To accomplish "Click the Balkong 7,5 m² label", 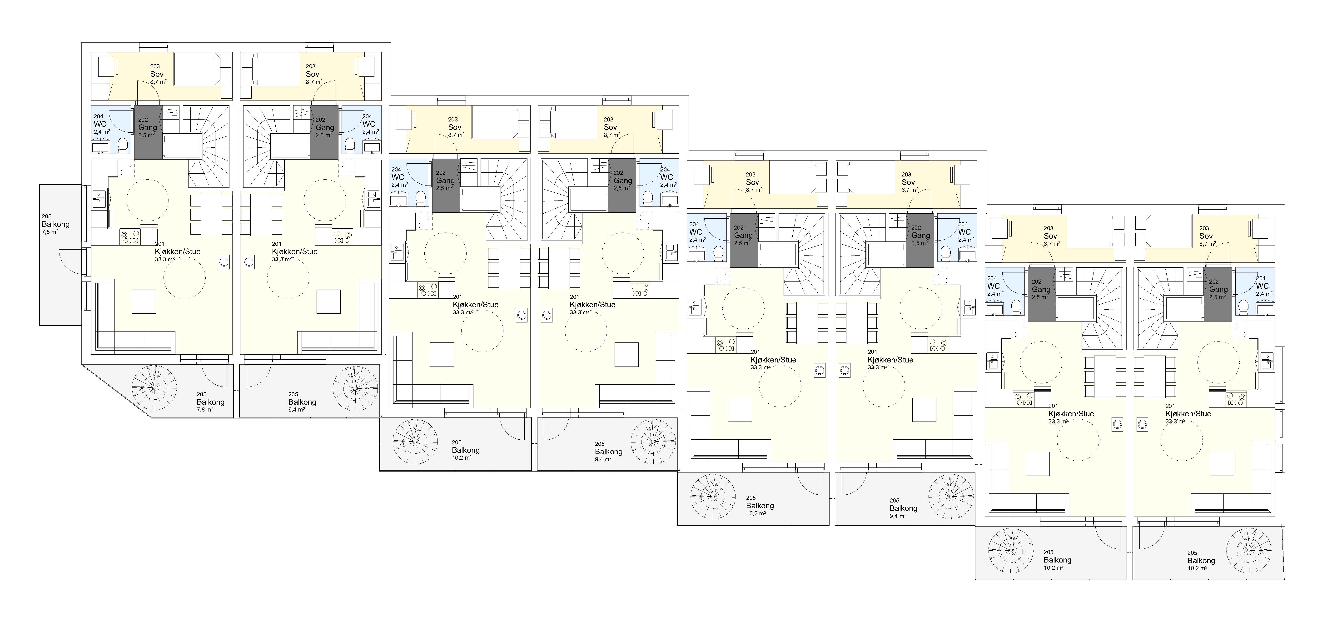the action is coord(55,225).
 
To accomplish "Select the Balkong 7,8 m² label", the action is coord(210,402).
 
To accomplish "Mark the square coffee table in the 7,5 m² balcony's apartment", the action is coord(144,302).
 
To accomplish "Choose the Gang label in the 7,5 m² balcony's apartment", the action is coord(147,127).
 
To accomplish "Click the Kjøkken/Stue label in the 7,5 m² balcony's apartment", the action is coord(177,251).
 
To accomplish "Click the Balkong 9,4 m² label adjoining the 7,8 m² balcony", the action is coord(302,402).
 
